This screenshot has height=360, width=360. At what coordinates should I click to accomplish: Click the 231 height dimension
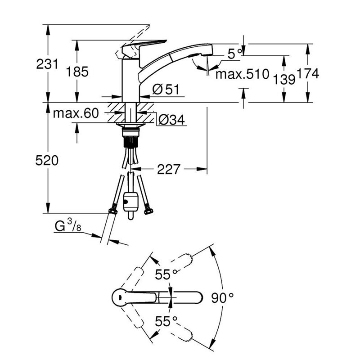point(47,64)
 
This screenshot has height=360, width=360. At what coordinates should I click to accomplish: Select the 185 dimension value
point(77,72)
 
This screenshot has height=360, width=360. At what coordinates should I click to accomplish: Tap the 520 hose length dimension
point(47,161)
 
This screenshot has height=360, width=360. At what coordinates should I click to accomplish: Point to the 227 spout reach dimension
point(168,170)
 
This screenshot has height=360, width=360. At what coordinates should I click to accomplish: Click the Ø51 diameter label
point(166,89)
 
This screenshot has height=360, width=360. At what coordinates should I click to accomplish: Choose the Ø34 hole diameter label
point(171,120)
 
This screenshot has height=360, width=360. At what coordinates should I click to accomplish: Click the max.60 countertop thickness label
point(76,113)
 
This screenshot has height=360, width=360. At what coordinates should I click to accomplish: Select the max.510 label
point(242,74)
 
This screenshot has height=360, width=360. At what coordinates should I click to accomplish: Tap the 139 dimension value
point(284,80)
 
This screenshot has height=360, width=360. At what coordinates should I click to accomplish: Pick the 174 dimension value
point(308,74)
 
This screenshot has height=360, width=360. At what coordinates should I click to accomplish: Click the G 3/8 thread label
point(68,225)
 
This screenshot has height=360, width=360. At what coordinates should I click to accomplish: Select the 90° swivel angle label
point(222,298)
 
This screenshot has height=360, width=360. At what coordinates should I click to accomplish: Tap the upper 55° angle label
point(166,274)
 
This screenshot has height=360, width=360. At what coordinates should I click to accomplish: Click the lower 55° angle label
point(166,321)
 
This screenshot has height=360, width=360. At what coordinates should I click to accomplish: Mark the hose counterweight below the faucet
point(130,202)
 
